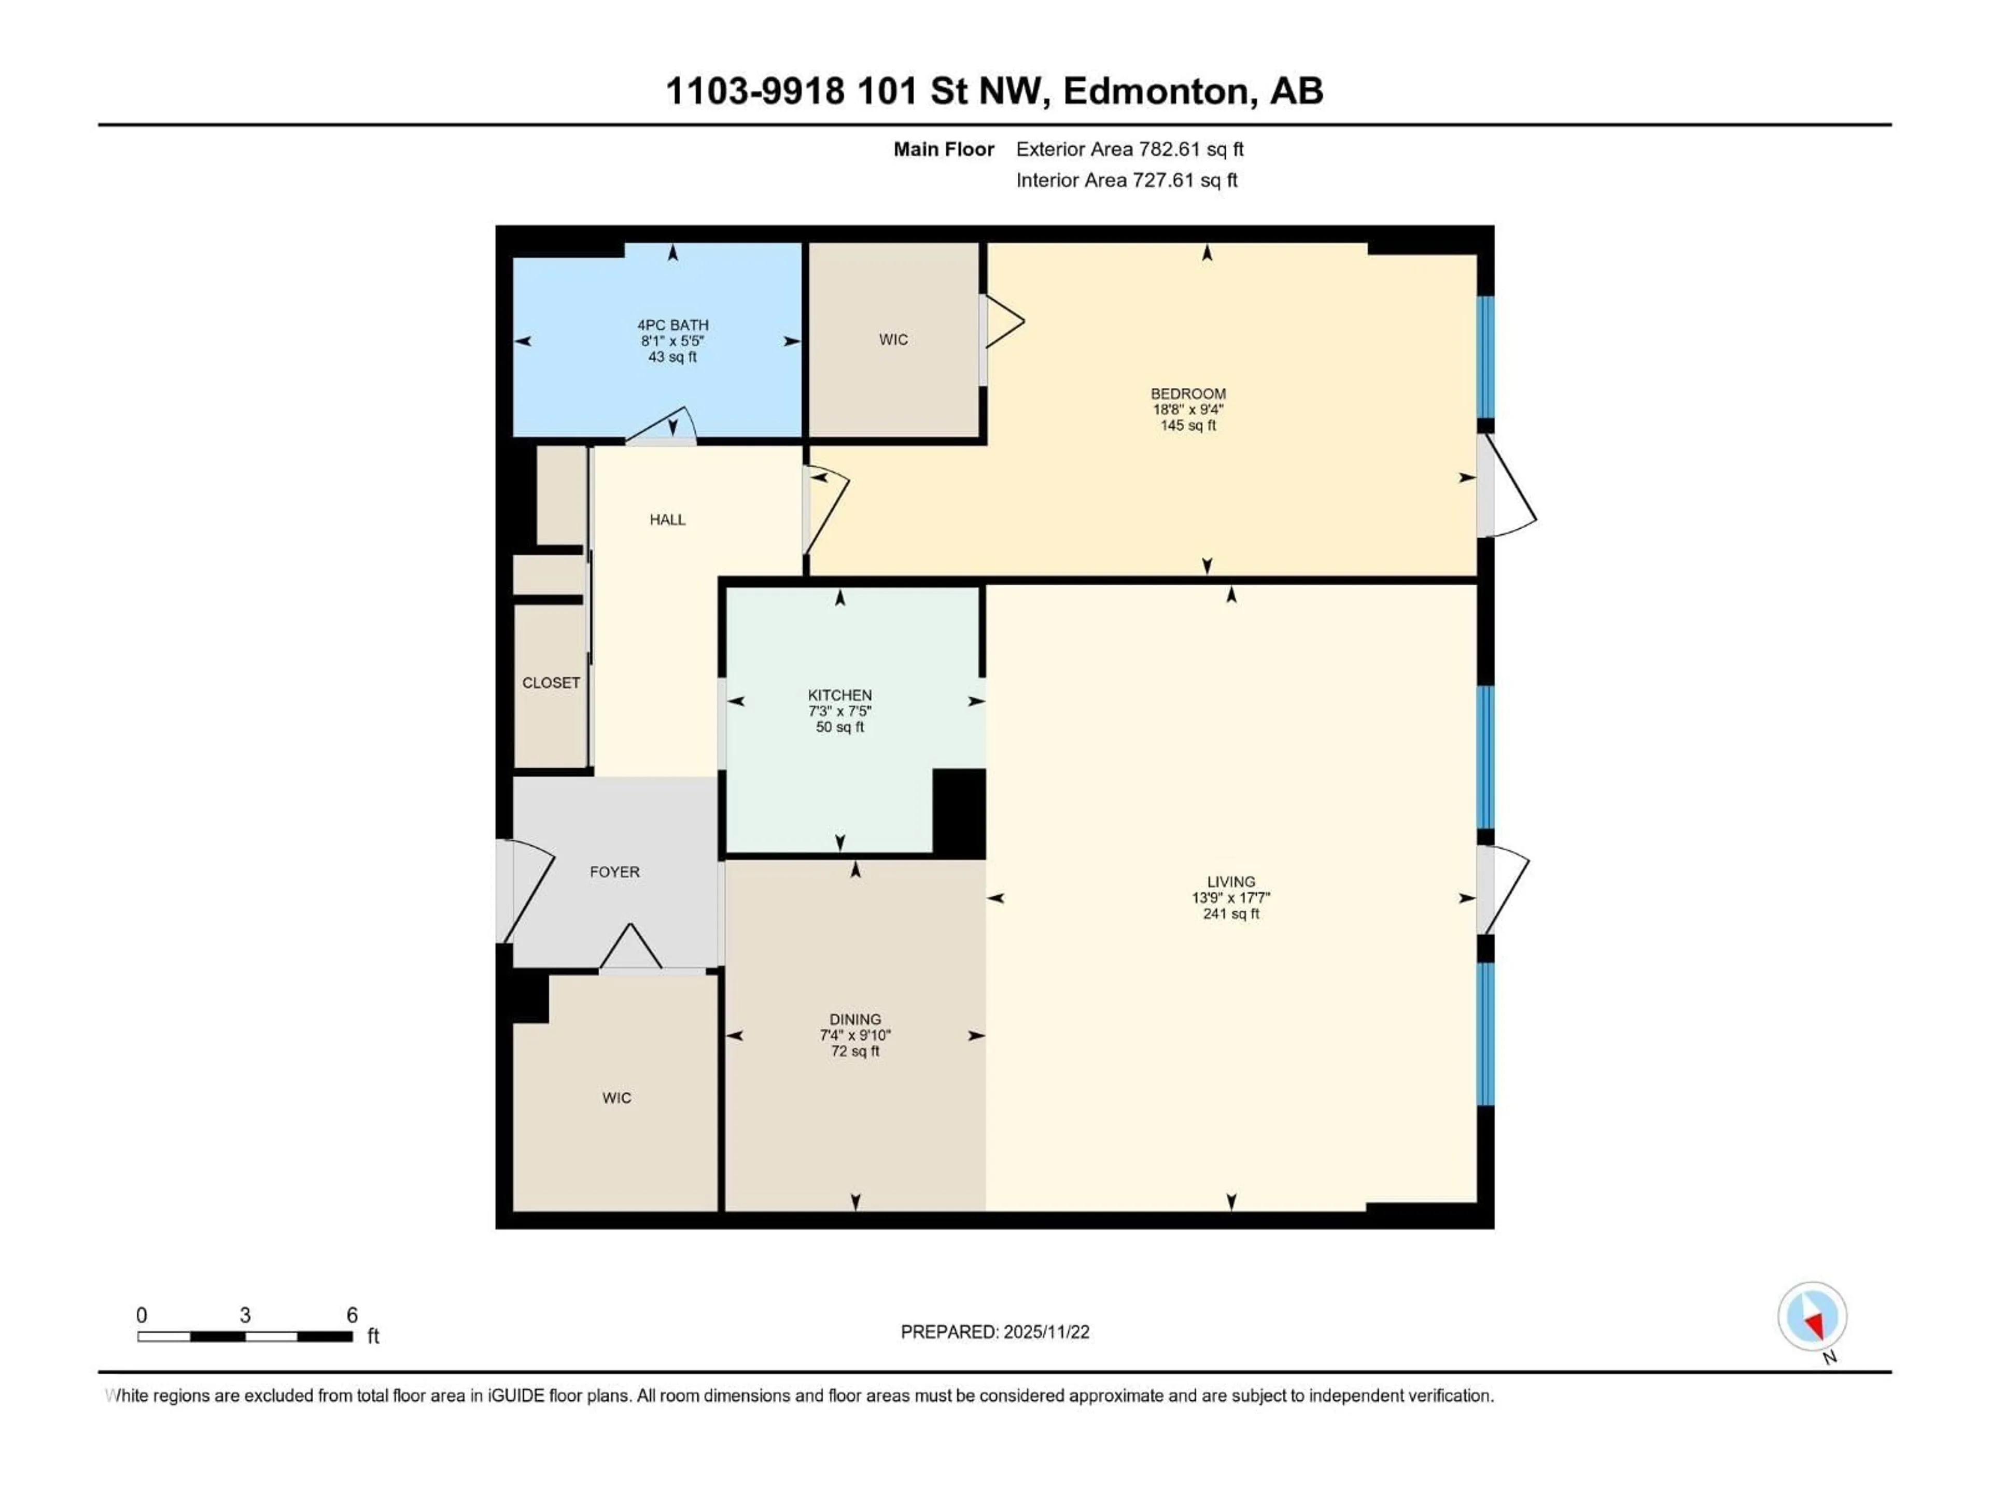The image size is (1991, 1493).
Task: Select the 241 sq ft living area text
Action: pos(1230,913)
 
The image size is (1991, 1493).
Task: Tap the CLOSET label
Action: pos(551,682)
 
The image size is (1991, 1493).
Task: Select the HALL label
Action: pos(667,519)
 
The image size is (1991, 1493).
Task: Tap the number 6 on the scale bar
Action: pos(352,1315)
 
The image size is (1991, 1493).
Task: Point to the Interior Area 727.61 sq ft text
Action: pos(1126,180)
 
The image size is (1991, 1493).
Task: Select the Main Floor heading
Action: pos(943,149)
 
